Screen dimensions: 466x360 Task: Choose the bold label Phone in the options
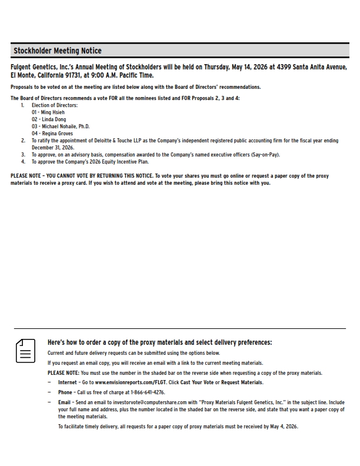(65, 392)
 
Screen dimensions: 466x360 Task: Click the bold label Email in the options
(64, 402)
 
